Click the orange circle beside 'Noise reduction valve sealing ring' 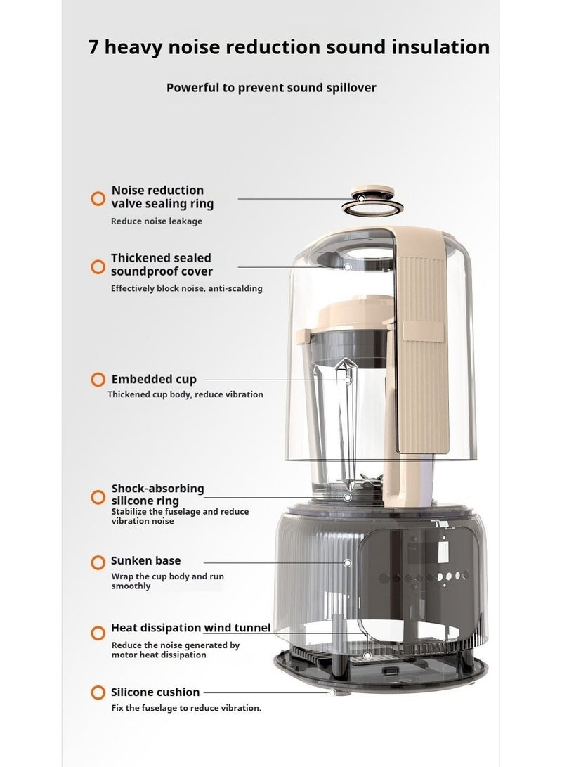tap(98, 198)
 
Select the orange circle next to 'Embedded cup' tap(98, 380)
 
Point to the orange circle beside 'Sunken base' tap(98, 562)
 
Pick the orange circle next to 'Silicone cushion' tap(98, 692)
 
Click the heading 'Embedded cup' tap(154, 380)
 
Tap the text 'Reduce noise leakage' tap(157, 221)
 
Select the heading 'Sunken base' tap(145, 561)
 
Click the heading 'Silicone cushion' tap(155, 692)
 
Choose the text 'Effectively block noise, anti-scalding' tap(187, 288)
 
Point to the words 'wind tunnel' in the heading tap(237, 628)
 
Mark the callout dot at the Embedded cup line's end tap(348, 380)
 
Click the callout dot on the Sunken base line tap(347, 562)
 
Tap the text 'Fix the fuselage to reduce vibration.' tap(186, 708)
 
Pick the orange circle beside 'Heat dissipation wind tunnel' tap(98, 633)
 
